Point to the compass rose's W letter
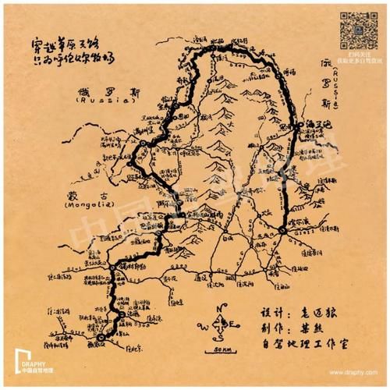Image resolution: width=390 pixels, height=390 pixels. [204, 325]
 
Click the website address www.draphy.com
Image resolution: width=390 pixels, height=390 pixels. [356, 374]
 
